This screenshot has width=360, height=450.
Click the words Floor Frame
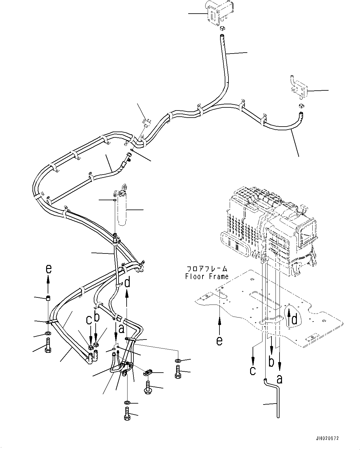207,276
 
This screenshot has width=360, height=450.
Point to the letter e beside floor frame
219,341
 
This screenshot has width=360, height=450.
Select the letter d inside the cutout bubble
295,319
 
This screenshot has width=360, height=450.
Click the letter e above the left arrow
48,270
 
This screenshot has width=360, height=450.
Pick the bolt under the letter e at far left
48,346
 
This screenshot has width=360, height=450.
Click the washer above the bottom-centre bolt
127,402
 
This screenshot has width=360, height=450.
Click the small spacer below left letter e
48,298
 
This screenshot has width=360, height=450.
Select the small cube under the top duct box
222,29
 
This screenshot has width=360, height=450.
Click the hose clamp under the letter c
90,346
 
